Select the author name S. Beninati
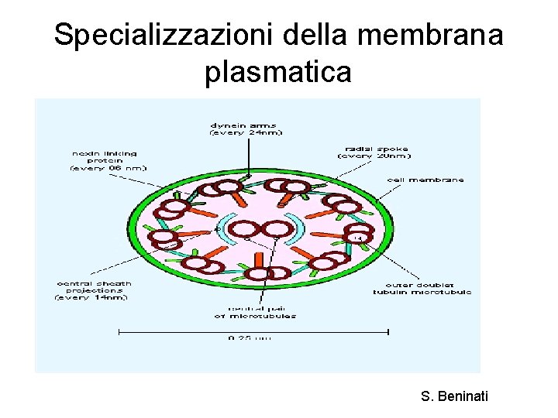coord(455,397)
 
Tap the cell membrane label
coord(425,179)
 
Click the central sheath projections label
coord(94,290)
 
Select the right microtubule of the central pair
coord(277,229)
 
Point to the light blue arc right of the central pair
coord(299,228)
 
